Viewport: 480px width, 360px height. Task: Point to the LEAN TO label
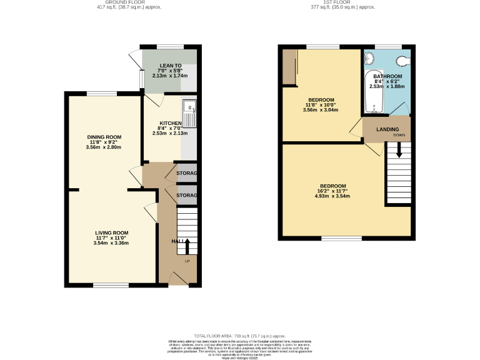(170, 66)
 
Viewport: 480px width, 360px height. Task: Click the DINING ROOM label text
(104, 137)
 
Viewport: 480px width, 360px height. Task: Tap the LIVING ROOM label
(111, 232)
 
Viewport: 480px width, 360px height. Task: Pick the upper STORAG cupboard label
(186, 173)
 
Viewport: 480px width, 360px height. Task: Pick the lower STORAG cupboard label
(186, 196)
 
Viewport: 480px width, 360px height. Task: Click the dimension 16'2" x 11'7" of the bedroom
(332, 191)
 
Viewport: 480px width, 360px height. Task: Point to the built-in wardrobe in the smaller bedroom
(288, 67)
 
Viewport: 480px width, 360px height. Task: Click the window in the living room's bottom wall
(111, 285)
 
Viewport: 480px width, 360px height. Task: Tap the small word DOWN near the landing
(398, 135)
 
